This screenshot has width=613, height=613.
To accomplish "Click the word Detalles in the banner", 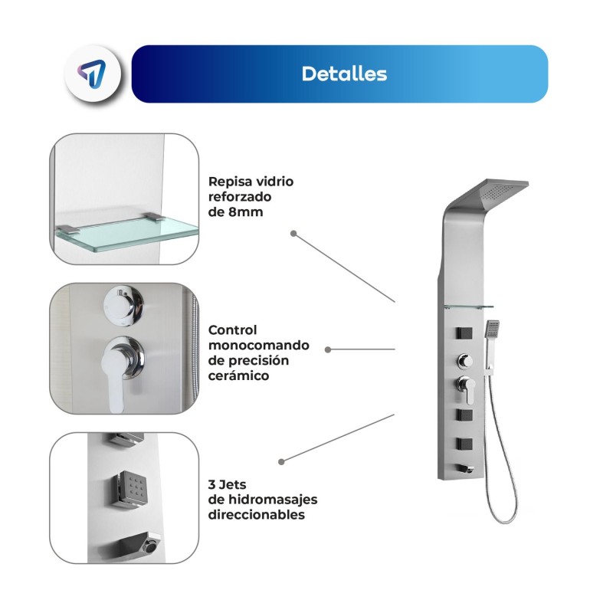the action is pos(344,74).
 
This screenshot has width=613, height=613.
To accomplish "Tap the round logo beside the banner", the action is pos(93,74).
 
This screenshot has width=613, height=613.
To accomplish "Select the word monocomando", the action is pos(258,346).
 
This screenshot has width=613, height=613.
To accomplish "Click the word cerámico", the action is pos(238,375).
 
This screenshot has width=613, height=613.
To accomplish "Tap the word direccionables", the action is pos(257,514).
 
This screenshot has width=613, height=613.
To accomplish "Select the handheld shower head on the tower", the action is pos(492,329).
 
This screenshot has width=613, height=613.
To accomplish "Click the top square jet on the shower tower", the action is pos(464,333).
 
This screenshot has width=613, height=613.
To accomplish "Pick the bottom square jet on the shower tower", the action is pos(464,444).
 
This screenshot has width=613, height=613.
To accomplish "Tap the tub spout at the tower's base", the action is pos(465,469).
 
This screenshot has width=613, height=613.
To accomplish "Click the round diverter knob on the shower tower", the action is pos(465,360).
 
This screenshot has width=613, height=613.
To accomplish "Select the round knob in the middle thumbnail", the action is pos(123,303).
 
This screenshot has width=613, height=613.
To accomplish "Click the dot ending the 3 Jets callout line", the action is pos(281,462).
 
